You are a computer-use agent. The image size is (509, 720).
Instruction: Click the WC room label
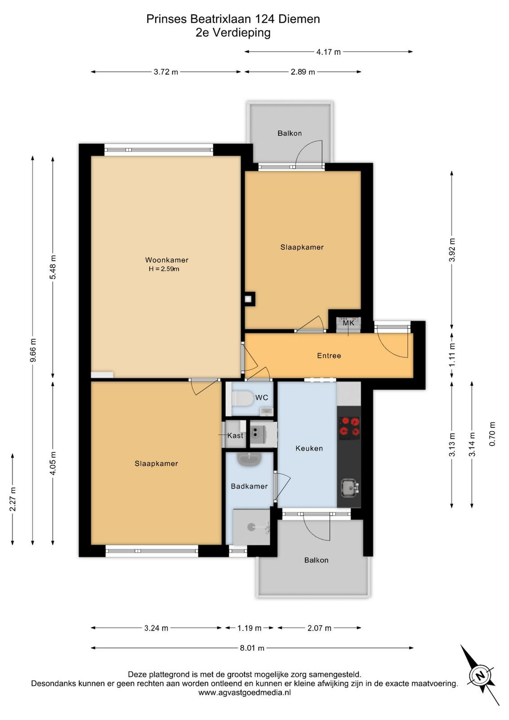tap(261, 398)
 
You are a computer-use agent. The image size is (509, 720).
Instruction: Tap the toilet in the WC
tap(242, 399)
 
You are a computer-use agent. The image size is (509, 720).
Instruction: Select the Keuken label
tap(309, 448)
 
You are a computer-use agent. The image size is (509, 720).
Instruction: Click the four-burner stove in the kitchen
tap(349, 427)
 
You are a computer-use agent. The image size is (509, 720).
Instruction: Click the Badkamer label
tap(249, 486)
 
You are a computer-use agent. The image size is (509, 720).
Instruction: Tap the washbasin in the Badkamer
tap(249, 459)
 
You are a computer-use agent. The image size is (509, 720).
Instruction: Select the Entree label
tap(329, 355)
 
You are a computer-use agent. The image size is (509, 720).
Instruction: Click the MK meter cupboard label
tap(348, 323)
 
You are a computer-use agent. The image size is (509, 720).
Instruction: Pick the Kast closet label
tap(235, 436)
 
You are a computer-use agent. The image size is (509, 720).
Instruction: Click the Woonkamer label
tap(167, 260)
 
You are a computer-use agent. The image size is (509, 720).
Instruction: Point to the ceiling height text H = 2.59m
tap(164, 269)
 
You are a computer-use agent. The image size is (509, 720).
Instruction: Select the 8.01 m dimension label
tap(252, 648)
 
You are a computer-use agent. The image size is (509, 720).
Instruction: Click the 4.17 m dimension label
tap(329, 52)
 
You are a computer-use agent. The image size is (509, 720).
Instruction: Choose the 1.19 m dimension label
tap(249, 628)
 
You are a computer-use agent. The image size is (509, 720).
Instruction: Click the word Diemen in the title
tap(299, 19)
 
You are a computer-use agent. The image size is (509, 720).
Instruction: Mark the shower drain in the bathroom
tap(251, 526)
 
